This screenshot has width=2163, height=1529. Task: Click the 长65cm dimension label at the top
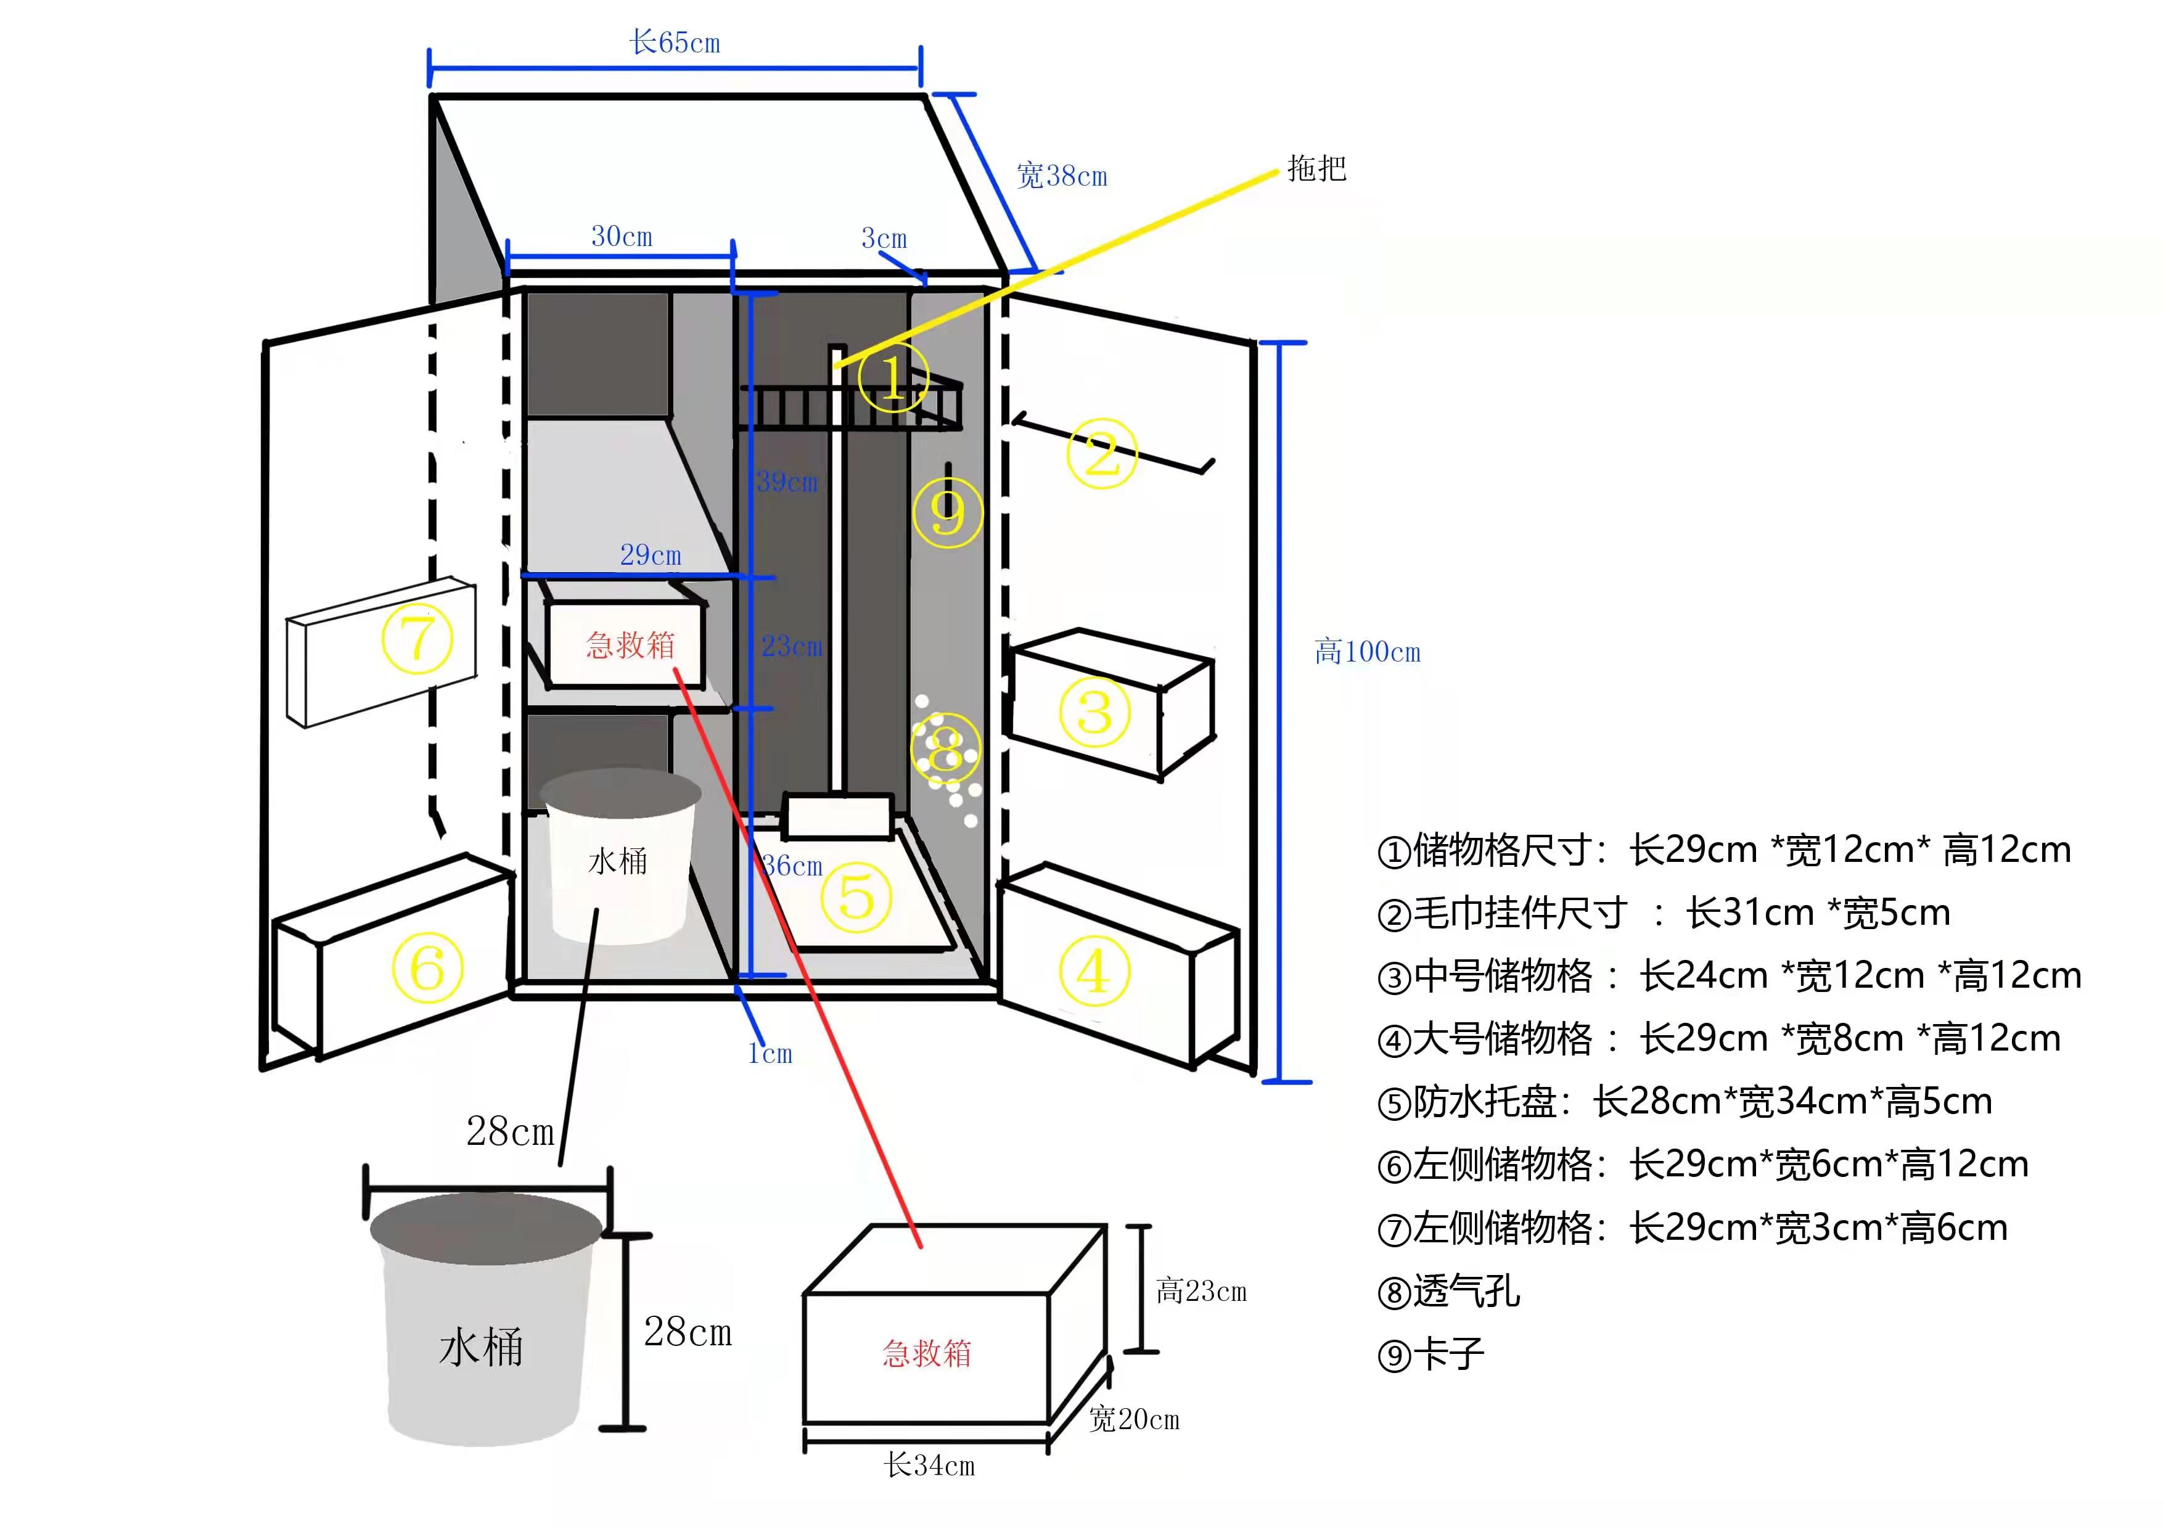(675, 43)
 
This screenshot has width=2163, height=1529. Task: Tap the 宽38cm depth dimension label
(1062, 176)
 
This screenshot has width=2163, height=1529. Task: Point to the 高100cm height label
(1367, 651)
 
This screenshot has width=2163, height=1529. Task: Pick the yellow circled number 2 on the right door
(1102, 454)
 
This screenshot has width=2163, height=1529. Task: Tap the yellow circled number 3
(1094, 711)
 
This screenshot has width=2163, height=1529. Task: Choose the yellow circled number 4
(1093, 970)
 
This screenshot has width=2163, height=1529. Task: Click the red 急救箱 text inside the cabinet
(630, 646)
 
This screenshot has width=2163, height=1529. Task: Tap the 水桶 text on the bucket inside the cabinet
(617, 860)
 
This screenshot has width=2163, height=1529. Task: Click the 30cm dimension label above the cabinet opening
(622, 237)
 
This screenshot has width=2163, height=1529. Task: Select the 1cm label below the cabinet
(770, 1053)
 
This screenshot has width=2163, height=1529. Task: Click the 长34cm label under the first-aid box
(929, 1465)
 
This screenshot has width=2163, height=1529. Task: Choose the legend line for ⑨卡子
(1431, 1355)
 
